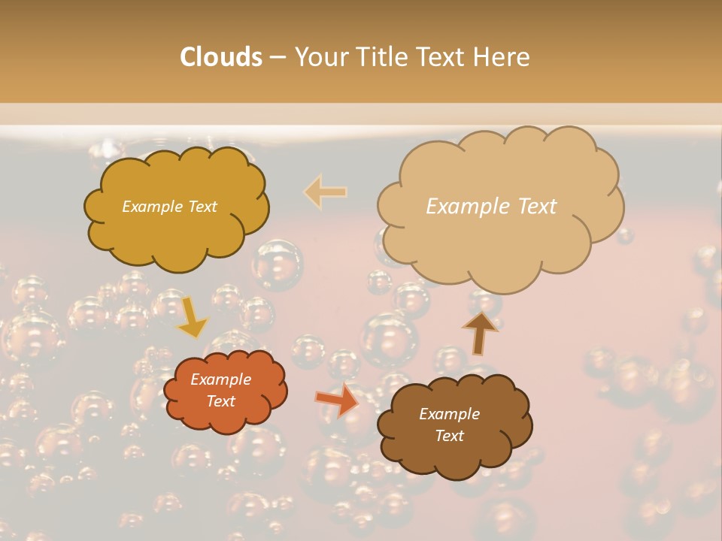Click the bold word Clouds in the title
click(220, 57)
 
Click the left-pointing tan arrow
click(326, 192)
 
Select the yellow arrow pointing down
click(193, 316)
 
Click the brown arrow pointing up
click(479, 332)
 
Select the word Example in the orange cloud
click(220, 379)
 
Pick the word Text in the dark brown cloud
click(449, 436)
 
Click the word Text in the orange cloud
click(220, 401)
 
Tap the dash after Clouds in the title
click(277, 57)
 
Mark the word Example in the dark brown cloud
click(449, 414)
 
